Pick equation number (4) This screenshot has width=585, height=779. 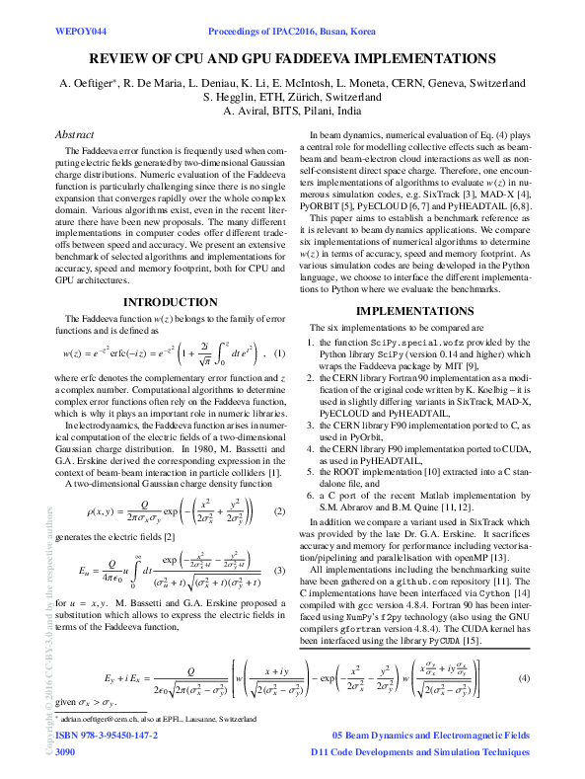coord(525,678)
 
